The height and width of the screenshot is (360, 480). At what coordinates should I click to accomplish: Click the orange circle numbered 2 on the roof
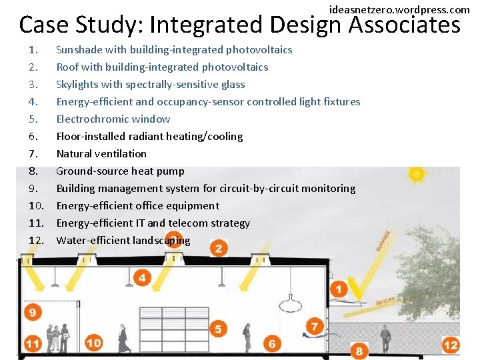218,249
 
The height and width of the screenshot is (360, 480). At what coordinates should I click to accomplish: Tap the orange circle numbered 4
142,277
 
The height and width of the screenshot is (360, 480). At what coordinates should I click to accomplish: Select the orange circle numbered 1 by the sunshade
339,289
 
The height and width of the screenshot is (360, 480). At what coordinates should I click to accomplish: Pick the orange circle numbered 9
33,312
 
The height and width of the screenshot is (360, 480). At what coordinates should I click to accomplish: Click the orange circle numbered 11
33,344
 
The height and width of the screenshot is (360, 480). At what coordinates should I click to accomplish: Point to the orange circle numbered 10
93,343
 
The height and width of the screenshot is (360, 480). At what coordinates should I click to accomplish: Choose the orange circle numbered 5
218,329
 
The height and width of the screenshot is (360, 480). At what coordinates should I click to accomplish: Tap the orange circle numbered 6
271,344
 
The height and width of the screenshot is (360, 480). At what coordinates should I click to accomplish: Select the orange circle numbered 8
359,351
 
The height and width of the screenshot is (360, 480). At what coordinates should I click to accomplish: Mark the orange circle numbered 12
451,345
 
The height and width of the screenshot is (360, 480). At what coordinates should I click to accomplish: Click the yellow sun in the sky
417,175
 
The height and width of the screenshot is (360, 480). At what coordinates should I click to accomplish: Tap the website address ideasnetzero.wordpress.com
399,9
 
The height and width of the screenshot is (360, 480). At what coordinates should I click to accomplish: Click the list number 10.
36,206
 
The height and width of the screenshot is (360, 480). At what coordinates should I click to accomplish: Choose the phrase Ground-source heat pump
120,171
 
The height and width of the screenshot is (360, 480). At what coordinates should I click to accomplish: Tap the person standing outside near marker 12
385,339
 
